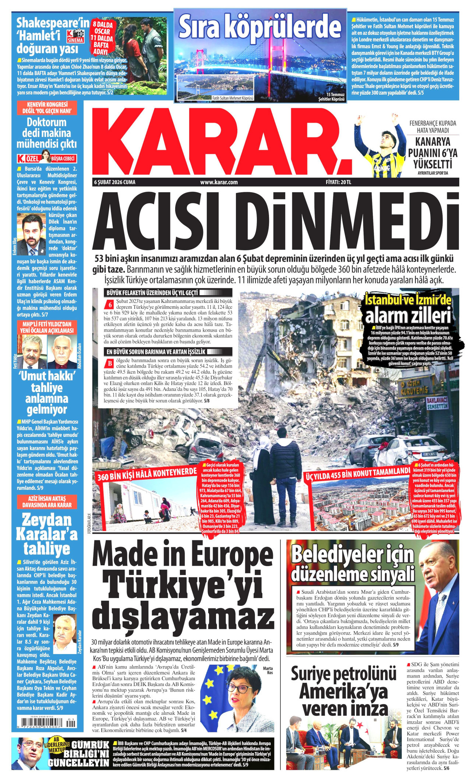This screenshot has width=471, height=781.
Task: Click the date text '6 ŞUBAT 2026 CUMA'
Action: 115,182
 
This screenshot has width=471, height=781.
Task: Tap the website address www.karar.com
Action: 219,182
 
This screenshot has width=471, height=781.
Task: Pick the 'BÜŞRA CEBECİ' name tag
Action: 63,159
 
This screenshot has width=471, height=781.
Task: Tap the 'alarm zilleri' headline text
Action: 408,315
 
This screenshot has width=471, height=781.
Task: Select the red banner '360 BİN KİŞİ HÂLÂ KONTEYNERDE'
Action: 147,475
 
